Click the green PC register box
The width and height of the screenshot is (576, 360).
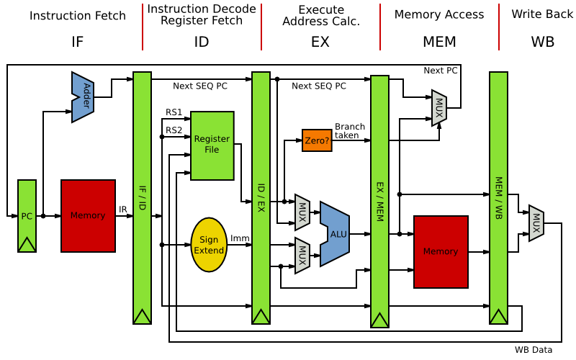(27, 215)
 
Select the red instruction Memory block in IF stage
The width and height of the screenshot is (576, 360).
(88, 215)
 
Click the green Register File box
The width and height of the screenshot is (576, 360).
(212, 145)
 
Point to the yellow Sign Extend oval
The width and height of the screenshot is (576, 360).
(209, 245)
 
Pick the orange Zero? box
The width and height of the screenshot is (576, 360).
(317, 141)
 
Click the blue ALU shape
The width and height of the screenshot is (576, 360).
(337, 233)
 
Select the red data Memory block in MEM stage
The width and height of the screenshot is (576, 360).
(441, 251)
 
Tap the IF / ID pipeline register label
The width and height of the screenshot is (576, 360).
(143, 198)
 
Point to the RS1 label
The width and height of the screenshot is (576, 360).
(174, 112)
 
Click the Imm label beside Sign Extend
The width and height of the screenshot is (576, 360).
(239, 238)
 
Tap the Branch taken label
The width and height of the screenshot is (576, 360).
(350, 131)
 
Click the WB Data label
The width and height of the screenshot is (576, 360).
(534, 350)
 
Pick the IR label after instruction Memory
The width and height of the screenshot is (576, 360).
(123, 210)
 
